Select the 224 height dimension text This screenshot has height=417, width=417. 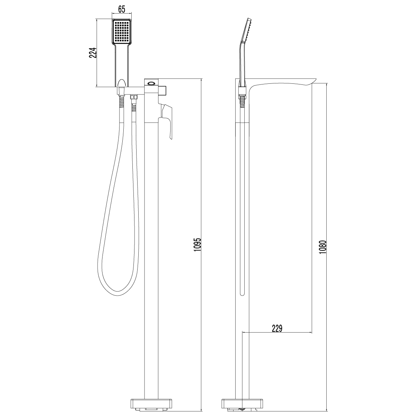92,52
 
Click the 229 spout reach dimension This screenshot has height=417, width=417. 277,328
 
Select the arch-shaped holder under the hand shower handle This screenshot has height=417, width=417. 121,83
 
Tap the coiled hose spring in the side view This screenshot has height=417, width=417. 243,103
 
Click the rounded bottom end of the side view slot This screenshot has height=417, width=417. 242,294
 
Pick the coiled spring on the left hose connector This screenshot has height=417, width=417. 121,103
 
